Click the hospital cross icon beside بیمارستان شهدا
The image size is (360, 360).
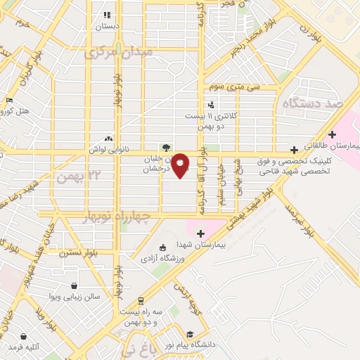[200, 233]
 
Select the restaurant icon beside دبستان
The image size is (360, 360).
[107, 15]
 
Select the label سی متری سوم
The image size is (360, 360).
[234, 86]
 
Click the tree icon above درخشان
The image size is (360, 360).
[166, 148]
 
